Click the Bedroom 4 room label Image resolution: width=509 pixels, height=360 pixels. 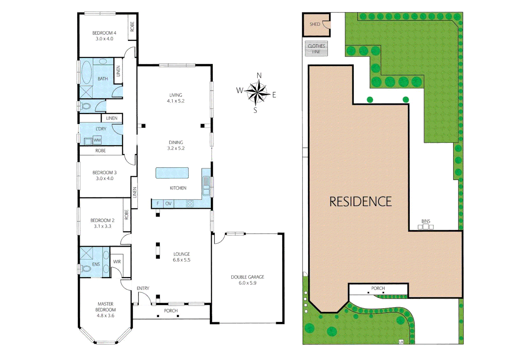pyautogui.click(x=104, y=33)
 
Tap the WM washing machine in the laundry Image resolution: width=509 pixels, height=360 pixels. pyautogui.click(x=97, y=140)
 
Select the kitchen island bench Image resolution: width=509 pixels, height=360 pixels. pyautogui.click(x=172, y=173)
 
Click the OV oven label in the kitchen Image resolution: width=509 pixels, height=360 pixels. pyautogui.click(x=168, y=204)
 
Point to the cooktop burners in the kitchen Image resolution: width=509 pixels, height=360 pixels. pyautogui.click(x=190, y=204)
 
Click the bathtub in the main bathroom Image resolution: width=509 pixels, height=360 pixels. pyautogui.click(x=87, y=72)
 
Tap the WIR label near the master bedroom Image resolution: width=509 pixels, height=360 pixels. pyautogui.click(x=117, y=262)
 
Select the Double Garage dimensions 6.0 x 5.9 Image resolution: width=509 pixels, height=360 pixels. pyautogui.click(x=247, y=283)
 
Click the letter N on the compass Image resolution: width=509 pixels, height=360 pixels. pyautogui.click(x=259, y=76)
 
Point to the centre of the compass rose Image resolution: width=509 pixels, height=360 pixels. pyautogui.click(x=257, y=92)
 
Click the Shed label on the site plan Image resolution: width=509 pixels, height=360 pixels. pyautogui.click(x=315, y=24)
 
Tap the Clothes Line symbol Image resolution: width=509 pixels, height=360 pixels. pyautogui.click(x=316, y=49)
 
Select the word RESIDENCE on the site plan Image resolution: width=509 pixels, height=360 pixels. pyautogui.click(x=360, y=202)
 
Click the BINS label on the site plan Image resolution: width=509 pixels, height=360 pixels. pyautogui.click(x=426, y=221)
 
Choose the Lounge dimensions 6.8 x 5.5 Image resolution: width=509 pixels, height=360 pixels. pyautogui.click(x=181, y=260)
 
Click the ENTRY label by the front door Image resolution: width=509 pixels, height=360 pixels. pyautogui.click(x=143, y=288)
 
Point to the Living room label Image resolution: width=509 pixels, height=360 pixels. pyautogui.click(x=176, y=95)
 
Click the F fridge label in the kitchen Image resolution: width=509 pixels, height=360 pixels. pyautogui.click(x=158, y=204)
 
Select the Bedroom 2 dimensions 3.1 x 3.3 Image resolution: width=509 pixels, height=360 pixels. pyautogui.click(x=102, y=226)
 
